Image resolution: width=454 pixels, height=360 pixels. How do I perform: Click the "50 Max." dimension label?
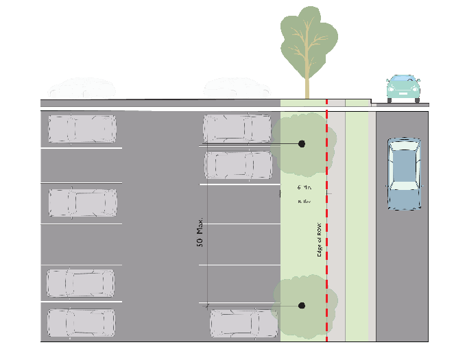(x=200, y=234)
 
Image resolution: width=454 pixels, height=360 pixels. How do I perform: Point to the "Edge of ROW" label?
(x=319, y=239)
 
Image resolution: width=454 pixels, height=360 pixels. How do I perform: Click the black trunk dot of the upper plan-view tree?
(x=301, y=144)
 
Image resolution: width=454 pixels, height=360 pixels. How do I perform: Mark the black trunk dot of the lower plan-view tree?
(x=301, y=305)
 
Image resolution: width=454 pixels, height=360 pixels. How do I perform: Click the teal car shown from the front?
(x=403, y=88)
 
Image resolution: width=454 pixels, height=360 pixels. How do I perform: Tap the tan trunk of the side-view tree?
(x=307, y=86)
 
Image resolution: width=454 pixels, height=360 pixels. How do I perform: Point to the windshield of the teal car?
(x=403, y=82)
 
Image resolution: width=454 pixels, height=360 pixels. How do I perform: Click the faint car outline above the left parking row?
(x=82, y=88)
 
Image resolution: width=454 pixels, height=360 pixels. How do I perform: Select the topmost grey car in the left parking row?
(x=82, y=129)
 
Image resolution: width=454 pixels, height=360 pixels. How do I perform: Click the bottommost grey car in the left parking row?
(x=81, y=323)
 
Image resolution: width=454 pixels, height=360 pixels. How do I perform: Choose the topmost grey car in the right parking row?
(x=237, y=128)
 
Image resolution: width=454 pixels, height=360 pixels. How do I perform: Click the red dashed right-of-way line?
(x=326, y=274)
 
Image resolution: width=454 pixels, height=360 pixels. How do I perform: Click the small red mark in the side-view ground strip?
(x=326, y=103)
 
